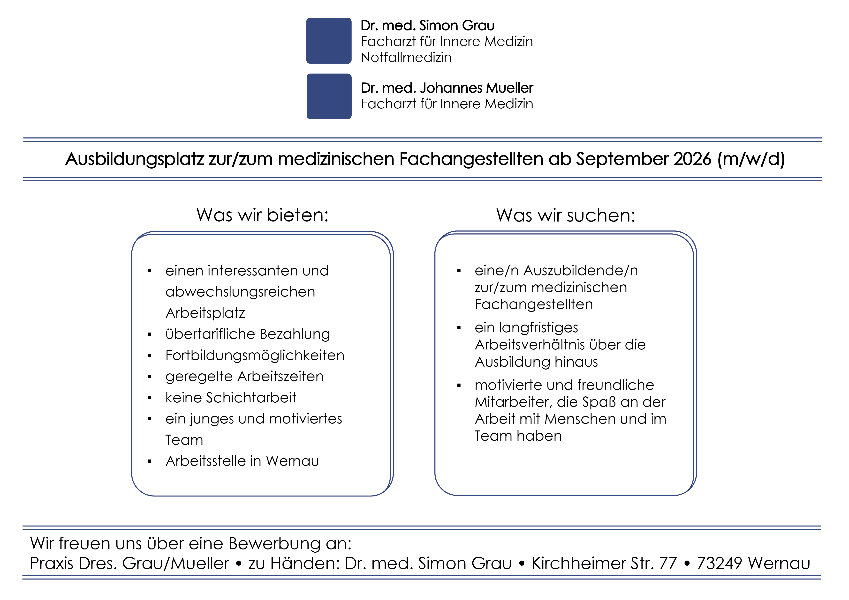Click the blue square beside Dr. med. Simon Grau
tap(329, 41)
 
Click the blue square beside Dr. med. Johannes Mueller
tap(329, 96)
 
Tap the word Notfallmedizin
tap(406, 57)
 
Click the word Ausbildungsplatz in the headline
tap(135, 159)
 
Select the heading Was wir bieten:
tap(263, 215)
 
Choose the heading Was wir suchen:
tap(566, 215)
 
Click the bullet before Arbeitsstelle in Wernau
tap(150, 461)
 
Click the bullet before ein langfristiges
tap(459, 328)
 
